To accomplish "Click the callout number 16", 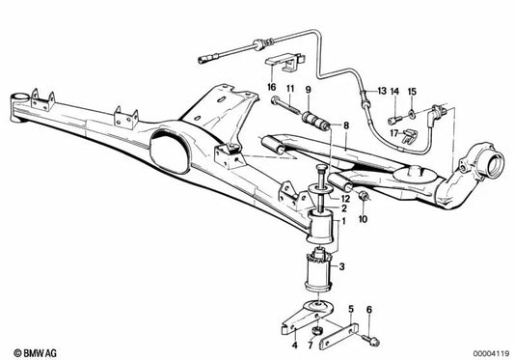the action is coord(272,87).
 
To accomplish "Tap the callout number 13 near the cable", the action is coord(382,91).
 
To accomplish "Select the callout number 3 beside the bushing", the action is coord(341,266).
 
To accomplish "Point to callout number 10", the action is coord(364,219).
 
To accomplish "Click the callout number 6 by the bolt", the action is coord(369,310).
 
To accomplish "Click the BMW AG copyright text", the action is coord(35,353).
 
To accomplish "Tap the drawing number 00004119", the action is coord(491,354).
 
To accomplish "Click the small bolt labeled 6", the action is coord(371,340).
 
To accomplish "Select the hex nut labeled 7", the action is coord(317,330).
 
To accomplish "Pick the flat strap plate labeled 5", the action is coord(338,337).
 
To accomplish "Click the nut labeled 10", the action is coord(364,197).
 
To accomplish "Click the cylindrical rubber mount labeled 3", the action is coord(318,272).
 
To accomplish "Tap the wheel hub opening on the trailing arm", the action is coord(495,165).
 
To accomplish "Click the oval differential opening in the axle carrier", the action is coord(170,151).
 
